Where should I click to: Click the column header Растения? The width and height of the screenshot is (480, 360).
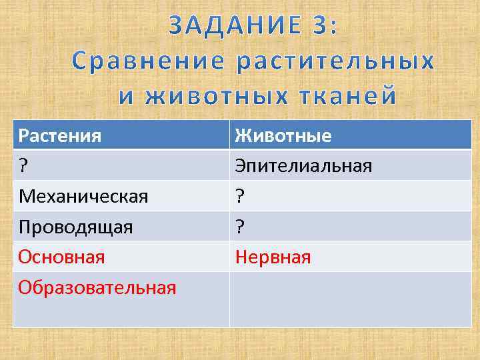(x=60, y=136)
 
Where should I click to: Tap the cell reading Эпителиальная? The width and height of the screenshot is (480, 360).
(x=302, y=165)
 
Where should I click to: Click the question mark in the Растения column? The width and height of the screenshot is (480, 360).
(x=23, y=165)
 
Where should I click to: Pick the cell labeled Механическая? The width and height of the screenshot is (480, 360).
(x=83, y=196)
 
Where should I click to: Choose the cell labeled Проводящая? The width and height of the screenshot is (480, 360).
(x=75, y=227)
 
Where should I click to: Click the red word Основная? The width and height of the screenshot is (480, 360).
(x=61, y=257)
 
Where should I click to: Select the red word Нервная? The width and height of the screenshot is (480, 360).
(x=271, y=257)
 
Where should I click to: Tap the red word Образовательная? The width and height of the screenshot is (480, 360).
(x=97, y=287)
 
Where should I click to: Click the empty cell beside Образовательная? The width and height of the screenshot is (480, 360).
(x=350, y=299)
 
